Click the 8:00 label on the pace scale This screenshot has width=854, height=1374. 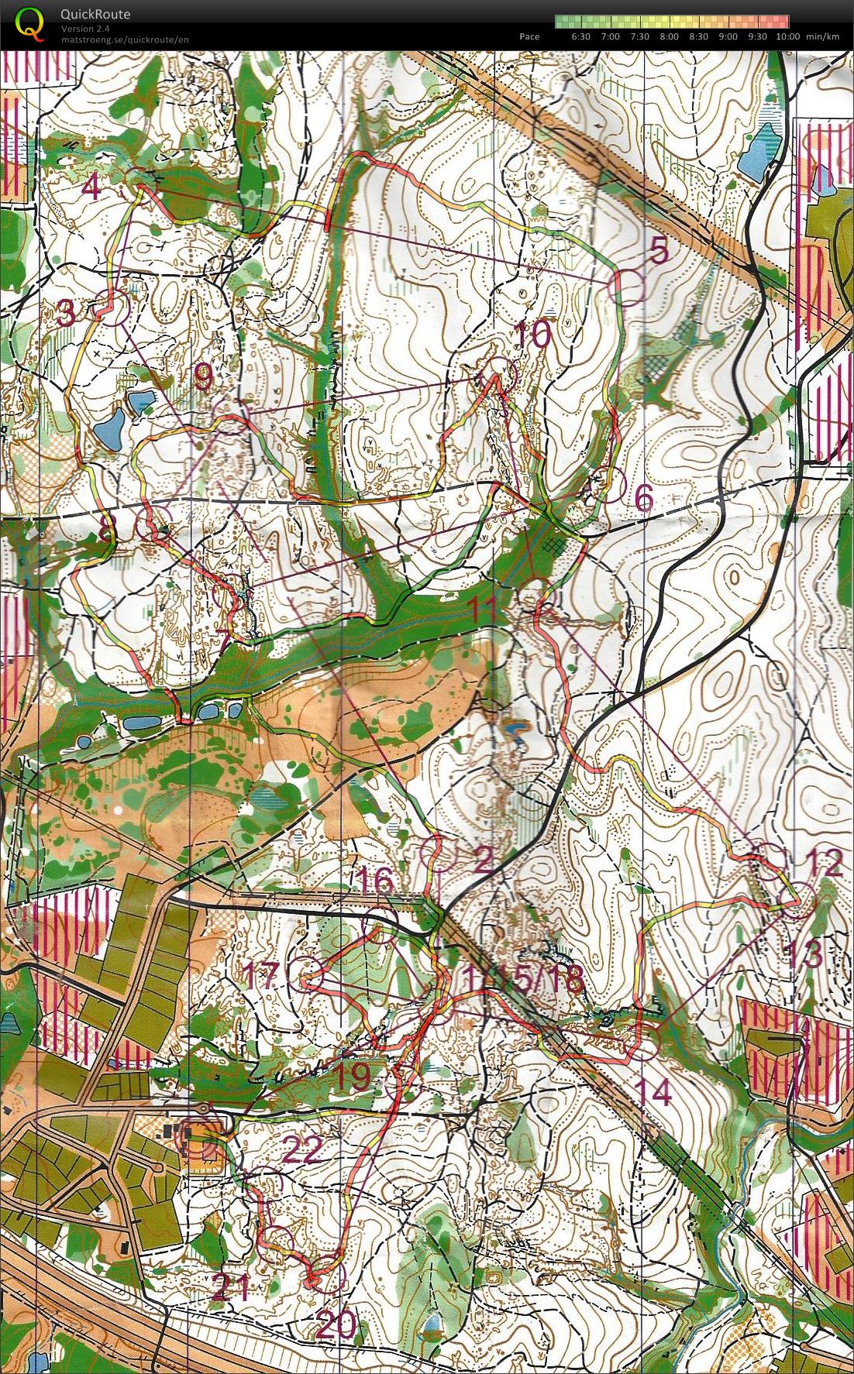click(669, 36)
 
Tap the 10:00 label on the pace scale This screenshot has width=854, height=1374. click(787, 36)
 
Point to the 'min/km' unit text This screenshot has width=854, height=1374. click(823, 36)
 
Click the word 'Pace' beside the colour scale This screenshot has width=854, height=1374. click(529, 36)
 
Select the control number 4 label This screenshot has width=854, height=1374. click(93, 187)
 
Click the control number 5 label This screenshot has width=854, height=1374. click(658, 250)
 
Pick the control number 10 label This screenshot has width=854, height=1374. click(532, 335)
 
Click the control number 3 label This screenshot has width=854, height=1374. click(67, 314)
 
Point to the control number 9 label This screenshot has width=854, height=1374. click(202, 378)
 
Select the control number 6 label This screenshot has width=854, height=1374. click(643, 499)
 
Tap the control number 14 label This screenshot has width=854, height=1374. click(653, 1092)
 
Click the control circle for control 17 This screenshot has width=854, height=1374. click(306, 974)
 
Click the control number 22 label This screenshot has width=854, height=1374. click(301, 1149)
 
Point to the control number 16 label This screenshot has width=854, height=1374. click(376, 881)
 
